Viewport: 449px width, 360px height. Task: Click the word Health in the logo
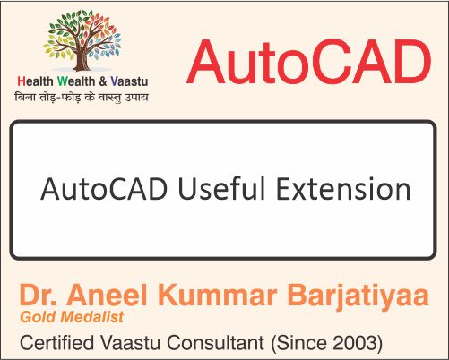click(x=35, y=82)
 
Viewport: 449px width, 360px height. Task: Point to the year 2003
click(x=360, y=341)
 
